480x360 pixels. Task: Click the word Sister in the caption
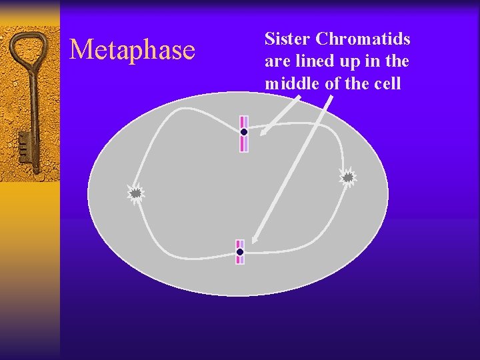click(x=285, y=39)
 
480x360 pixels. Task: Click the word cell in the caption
click(x=388, y=84)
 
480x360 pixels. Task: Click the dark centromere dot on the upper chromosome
click(x=244, y=132)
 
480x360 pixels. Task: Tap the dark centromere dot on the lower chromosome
click(x=240, y=252)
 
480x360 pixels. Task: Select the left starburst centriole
click(x=135, y=193)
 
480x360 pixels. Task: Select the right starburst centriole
click(x=347, y=177)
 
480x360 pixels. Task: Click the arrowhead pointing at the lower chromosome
click(x=256, y=238)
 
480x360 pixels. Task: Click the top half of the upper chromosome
click(x=244, y=121)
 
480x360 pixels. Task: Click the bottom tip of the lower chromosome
click(x=240, y=261)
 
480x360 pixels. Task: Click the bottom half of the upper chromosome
click(x=244, y=143)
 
